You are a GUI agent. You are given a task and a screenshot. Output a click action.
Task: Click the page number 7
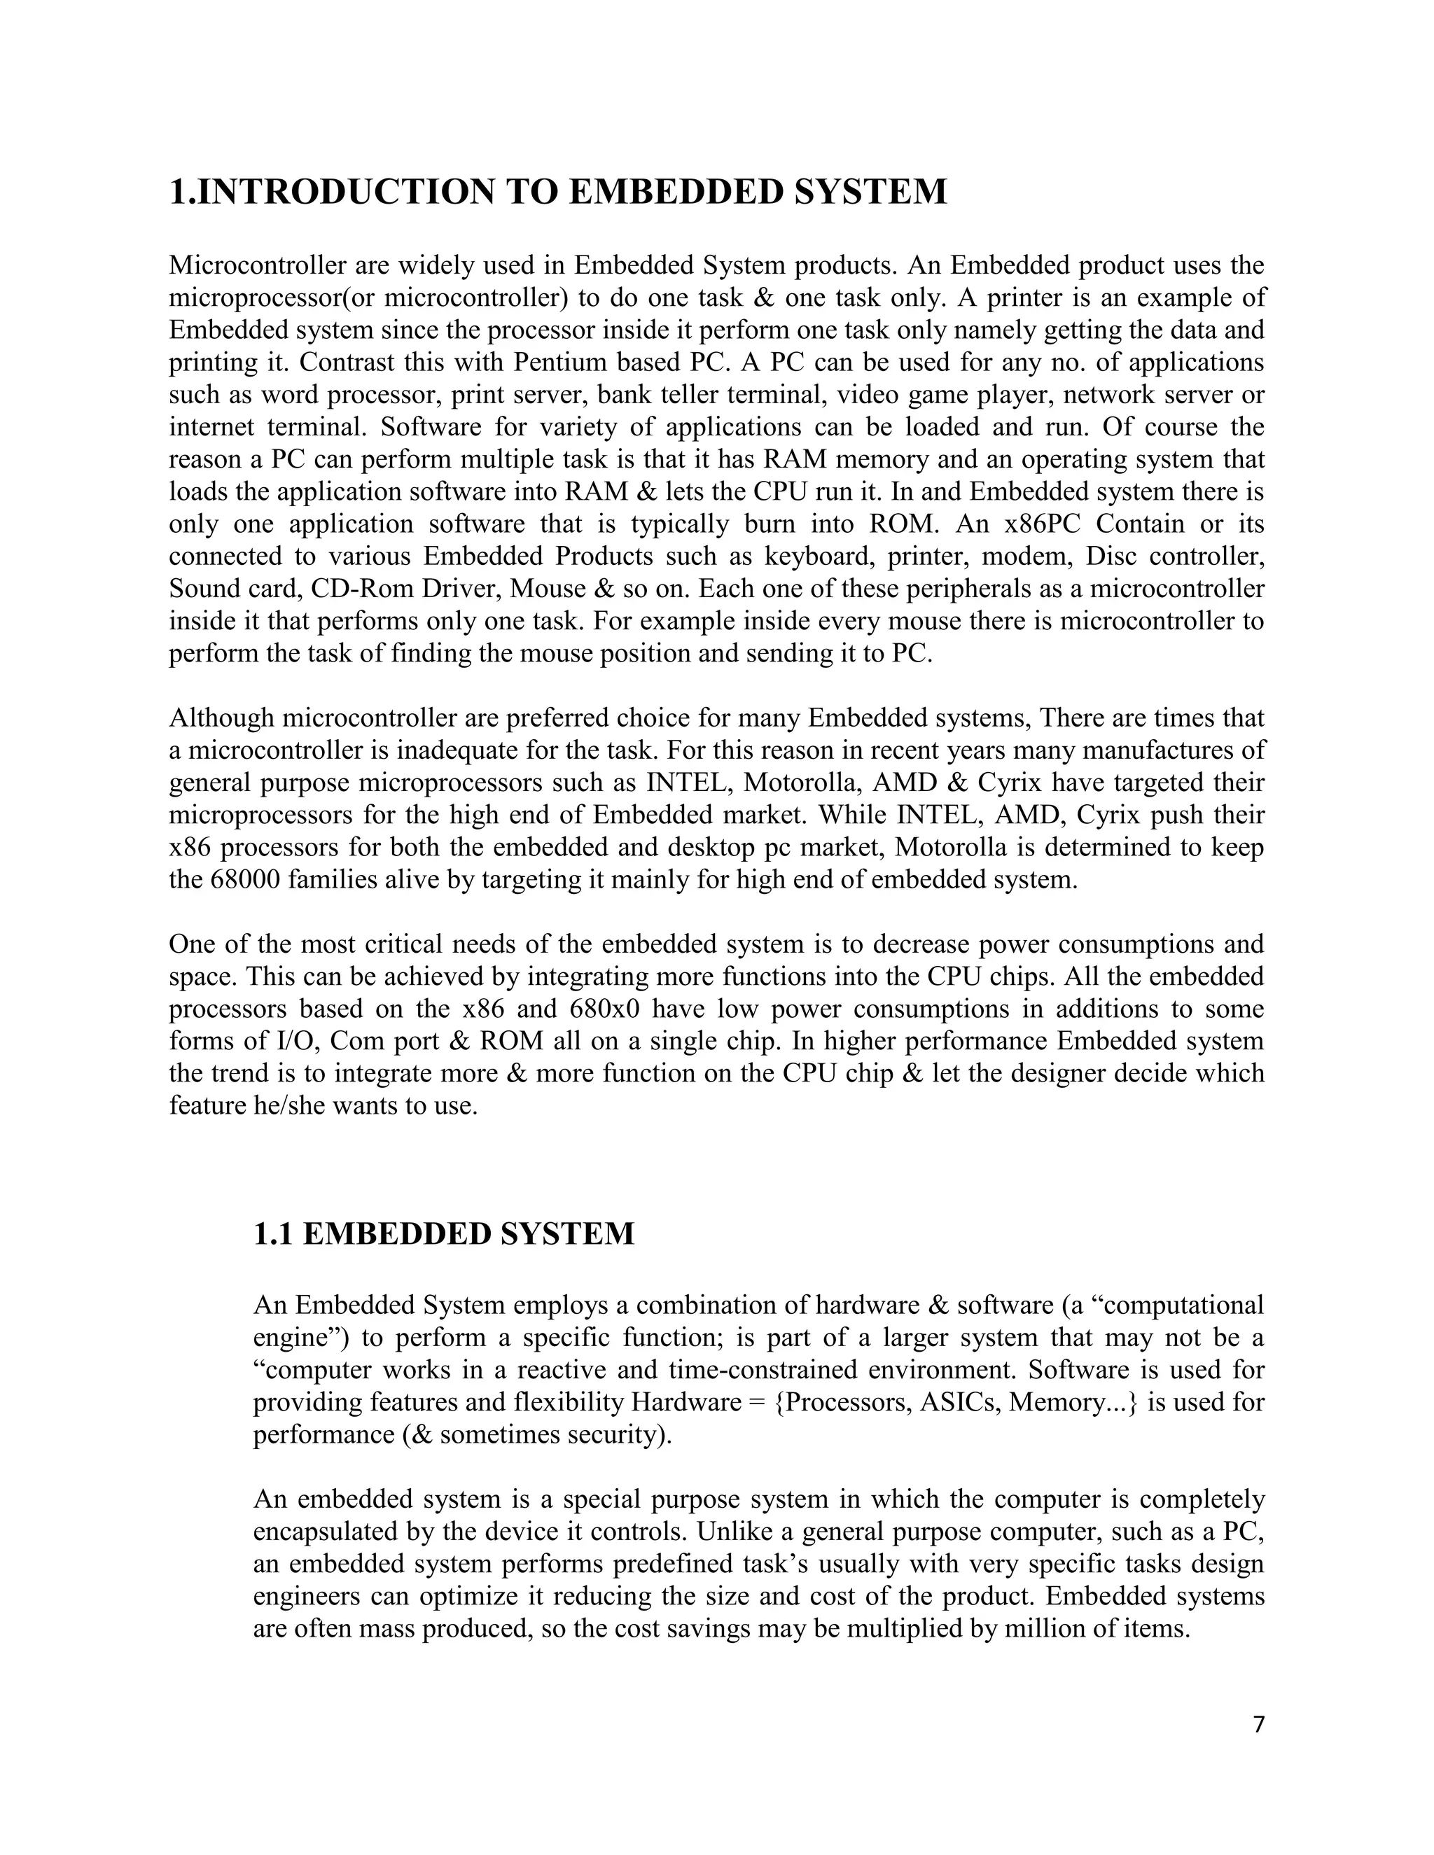1259,1724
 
